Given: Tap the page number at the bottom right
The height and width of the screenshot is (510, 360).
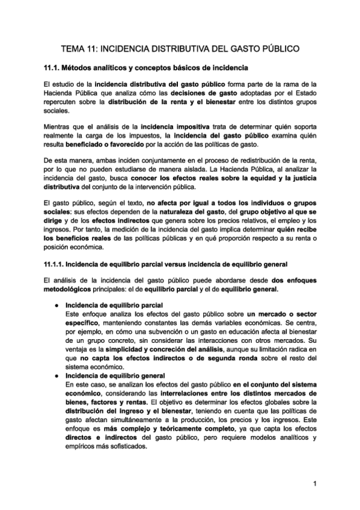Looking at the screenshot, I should tap(314, 484).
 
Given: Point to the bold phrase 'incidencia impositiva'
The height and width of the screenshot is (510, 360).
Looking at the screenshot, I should tap(174, 127).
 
